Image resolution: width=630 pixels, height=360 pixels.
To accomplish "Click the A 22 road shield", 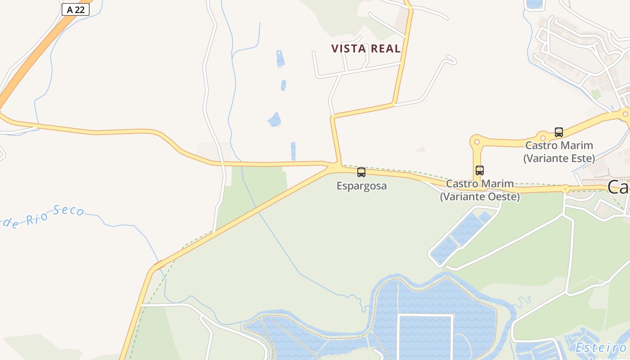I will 75,9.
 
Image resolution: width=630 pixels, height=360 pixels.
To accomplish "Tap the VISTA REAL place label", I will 365,49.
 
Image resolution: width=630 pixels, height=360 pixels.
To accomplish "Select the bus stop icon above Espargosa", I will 361,172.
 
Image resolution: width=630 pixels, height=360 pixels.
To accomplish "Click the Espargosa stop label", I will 361,185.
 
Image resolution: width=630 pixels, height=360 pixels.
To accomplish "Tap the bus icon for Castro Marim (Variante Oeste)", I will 480,171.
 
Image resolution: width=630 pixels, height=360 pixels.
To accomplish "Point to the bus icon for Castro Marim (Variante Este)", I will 559,132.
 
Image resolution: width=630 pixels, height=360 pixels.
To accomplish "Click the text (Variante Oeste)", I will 480,197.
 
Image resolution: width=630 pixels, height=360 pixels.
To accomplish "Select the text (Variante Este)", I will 559,158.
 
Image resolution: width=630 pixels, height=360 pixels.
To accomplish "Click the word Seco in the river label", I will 68,211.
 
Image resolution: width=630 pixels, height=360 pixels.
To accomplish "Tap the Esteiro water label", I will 601,347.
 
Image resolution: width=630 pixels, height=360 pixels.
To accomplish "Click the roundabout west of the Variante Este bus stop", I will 543,137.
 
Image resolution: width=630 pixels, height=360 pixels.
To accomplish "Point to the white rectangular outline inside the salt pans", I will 425,337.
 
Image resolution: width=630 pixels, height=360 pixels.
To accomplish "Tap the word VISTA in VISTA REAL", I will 346,49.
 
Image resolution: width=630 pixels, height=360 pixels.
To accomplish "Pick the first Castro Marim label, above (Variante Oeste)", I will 480,184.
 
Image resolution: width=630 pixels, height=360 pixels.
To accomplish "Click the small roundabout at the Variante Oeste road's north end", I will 477,142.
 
